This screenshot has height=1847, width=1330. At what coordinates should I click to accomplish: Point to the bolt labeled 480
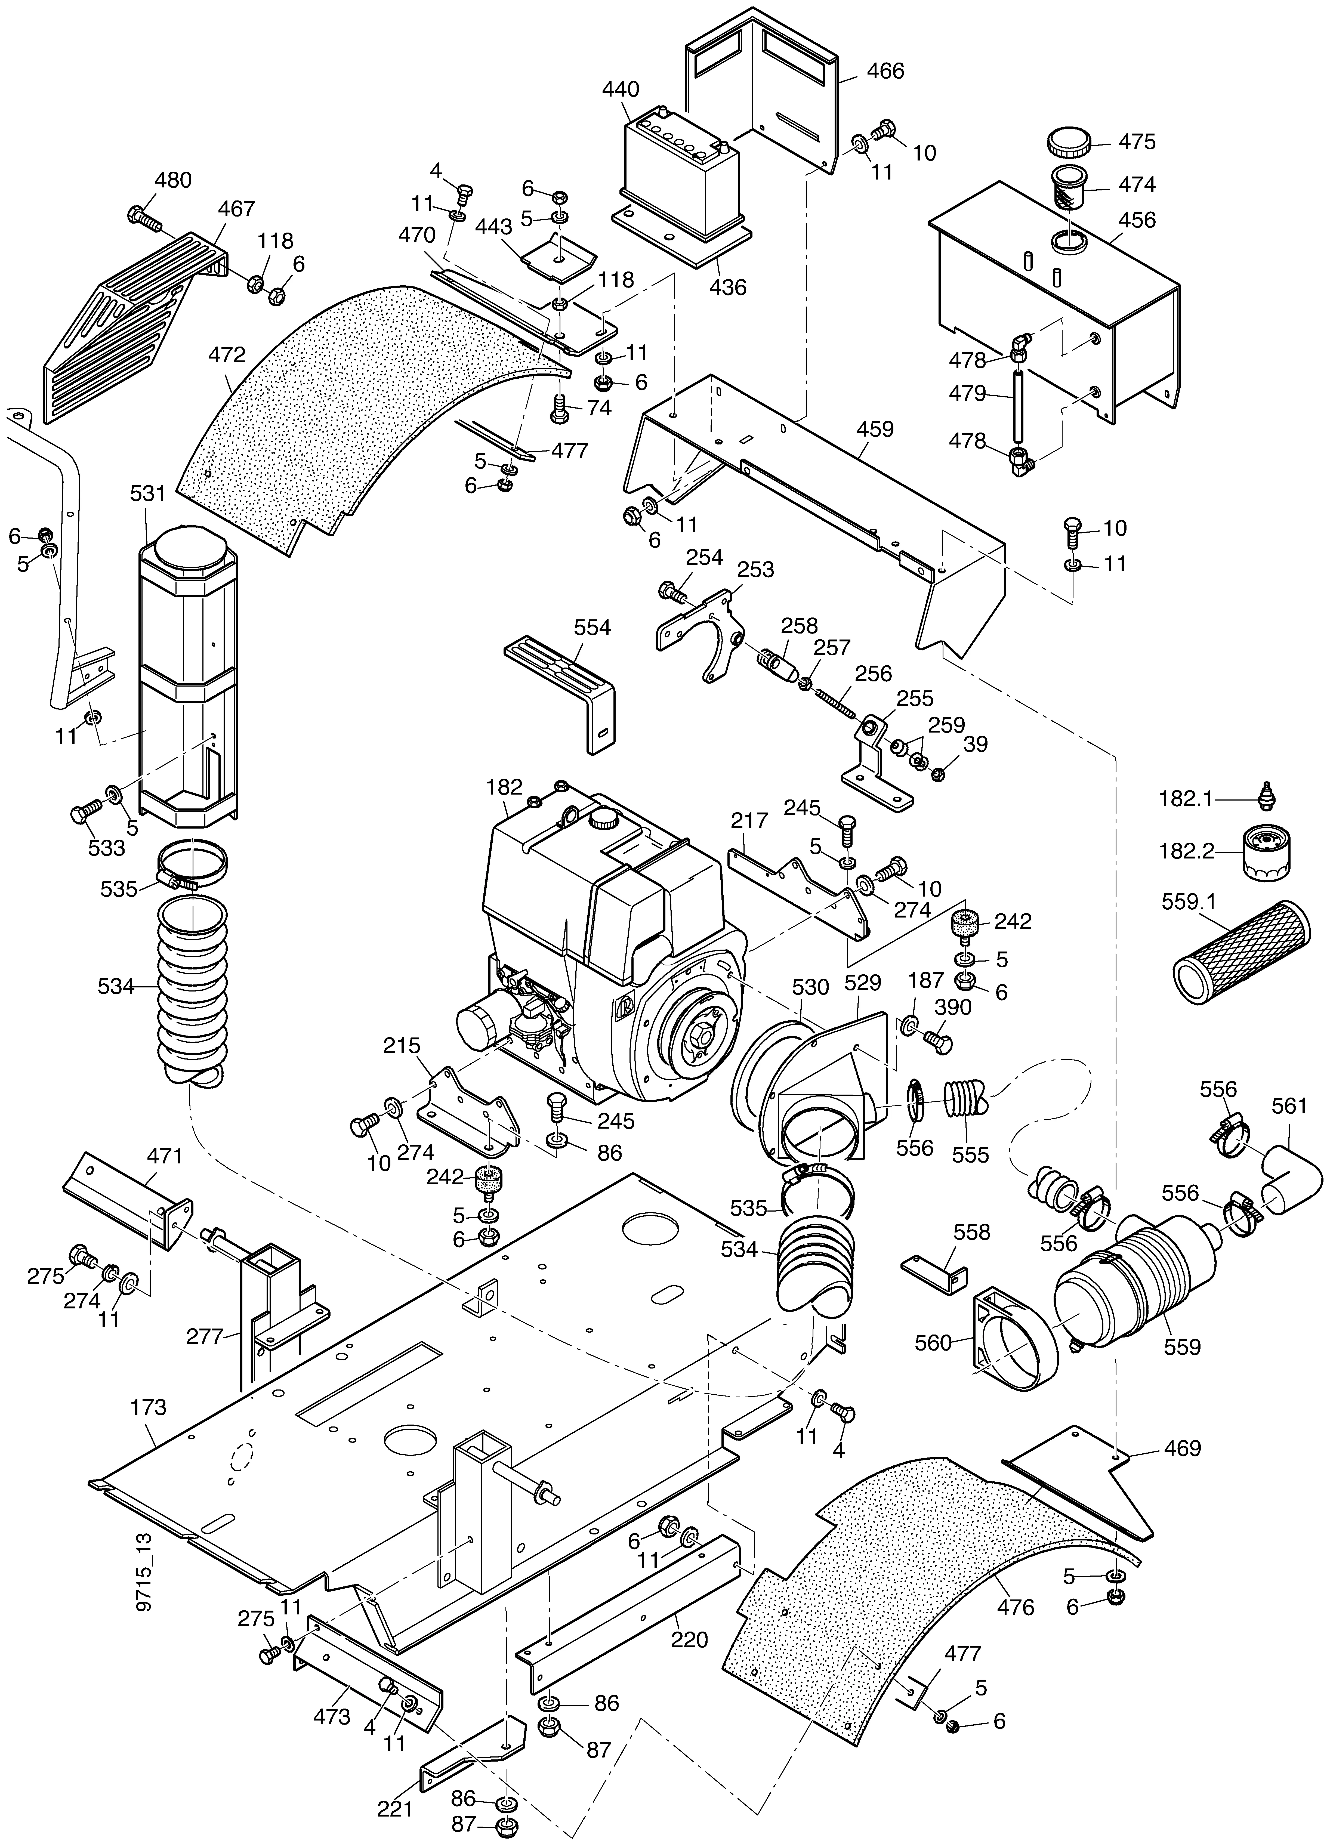tap(145, 217)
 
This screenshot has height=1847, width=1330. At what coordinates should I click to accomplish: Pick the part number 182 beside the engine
tap(504, 787)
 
